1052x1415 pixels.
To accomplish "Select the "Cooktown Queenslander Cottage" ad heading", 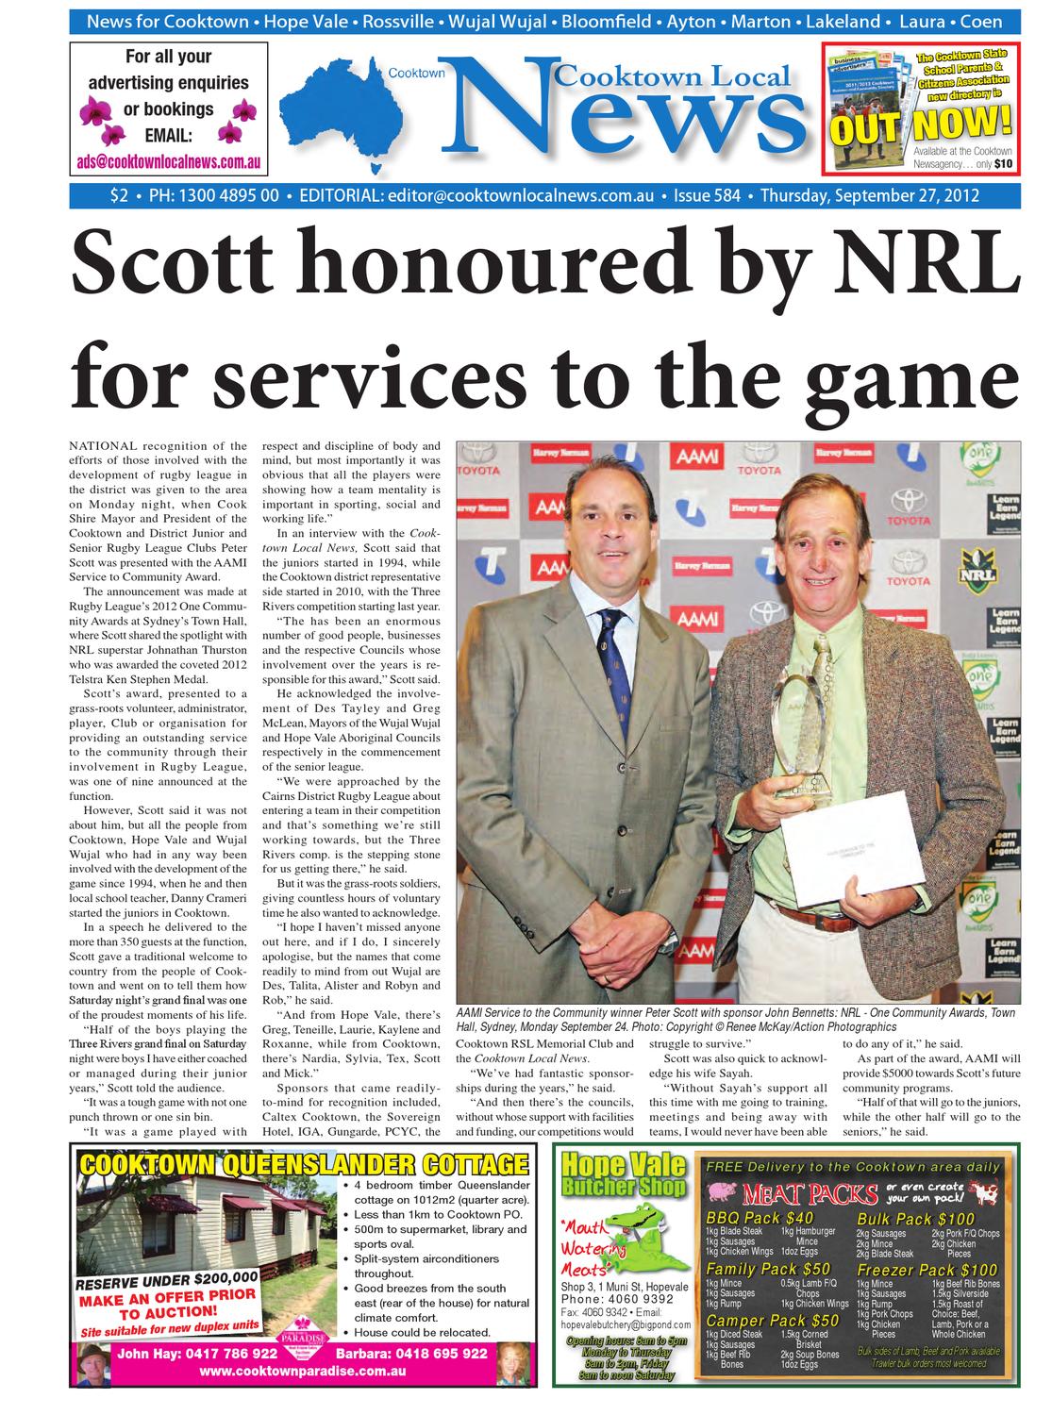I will (304, 1163).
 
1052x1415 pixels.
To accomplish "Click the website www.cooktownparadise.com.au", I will (303, 1371).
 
